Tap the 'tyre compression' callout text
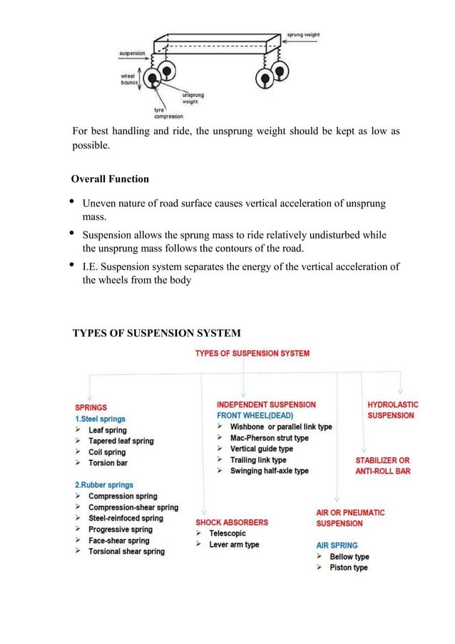pyautogui.click(x=169, y=114)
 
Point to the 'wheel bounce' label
pyautogui.click(x=129, y=78)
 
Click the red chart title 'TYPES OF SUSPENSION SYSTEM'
pyautogui.click(x=252, y=353)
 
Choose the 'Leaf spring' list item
pyautogui.click(x=107, y=431)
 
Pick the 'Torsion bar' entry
pyautogui.click(x=108, y=463)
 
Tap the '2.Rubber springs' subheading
pyautogui.click(x=110, y=485)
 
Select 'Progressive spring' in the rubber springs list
pyautogui.click(x=120, y=529)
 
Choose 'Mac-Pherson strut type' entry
pyautogui.click(x=269, y=438)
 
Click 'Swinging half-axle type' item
pyautogui.click(x=269, y=471)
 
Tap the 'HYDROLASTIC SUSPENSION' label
pyautogui.click(x=392, y=410)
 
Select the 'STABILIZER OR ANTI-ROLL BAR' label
pyautogui.click(x=383, y=466)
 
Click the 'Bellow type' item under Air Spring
pyautogui.click(x=349, y=557)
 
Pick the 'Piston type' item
pyautogui.click(x=348, y=568)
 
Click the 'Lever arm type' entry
pyautogui.click(x=234, y=545)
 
